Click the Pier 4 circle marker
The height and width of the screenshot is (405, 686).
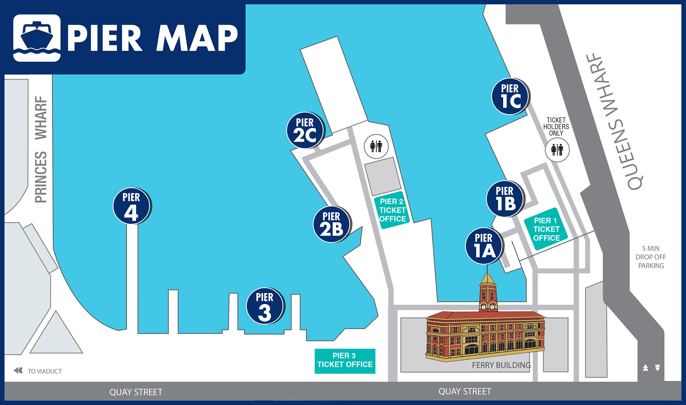coord(131,206)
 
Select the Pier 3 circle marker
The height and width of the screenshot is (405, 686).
coord(265,306)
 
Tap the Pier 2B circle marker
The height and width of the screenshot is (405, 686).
coord(331,224)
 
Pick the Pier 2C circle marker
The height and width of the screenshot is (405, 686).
coord(305,130)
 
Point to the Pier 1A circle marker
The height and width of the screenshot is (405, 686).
coord(484,246)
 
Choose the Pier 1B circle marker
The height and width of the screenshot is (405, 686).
coord(505,199)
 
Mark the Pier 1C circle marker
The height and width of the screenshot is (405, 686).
coord(510,96)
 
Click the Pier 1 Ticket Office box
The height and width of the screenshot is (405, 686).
coord(546,229)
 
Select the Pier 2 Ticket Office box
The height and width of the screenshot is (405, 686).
coord(392,210)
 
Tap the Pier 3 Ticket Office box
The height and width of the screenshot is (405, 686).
coord(345,361)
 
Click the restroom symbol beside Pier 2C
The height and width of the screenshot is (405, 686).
coord(376,147)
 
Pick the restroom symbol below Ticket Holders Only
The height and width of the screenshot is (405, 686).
coord(557,150)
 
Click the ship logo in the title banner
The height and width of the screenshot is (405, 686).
coord(37,38)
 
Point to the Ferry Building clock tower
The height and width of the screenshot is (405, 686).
coord(487,292)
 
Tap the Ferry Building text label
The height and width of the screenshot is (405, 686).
coord(501,365)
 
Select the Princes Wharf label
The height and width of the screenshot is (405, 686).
coord(41,149)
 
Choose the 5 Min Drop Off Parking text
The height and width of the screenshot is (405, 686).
coord(651,257)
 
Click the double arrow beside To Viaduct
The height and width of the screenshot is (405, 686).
coord(18,370)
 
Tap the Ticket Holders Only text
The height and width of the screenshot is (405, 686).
coord(556,127)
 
